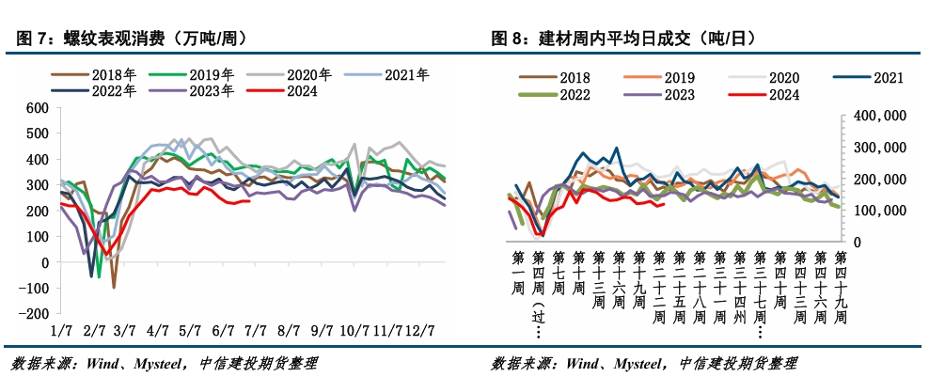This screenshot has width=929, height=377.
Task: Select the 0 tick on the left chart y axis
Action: [x=44, y=262]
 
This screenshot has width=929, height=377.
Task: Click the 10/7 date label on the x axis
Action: [x=354, y=330]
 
